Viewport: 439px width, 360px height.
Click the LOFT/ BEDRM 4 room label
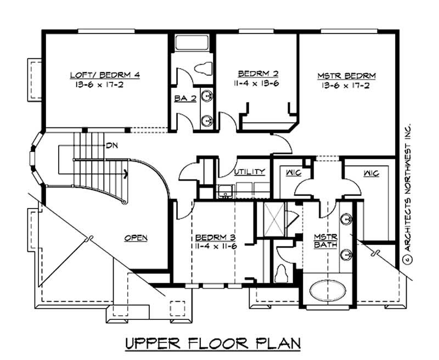(104, 75)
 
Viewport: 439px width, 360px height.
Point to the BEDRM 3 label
(216, 238)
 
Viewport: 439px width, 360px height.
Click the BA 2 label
(183, 99)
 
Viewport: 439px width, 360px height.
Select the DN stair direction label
(112, 146)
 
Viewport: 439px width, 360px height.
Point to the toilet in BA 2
(203, 68)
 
